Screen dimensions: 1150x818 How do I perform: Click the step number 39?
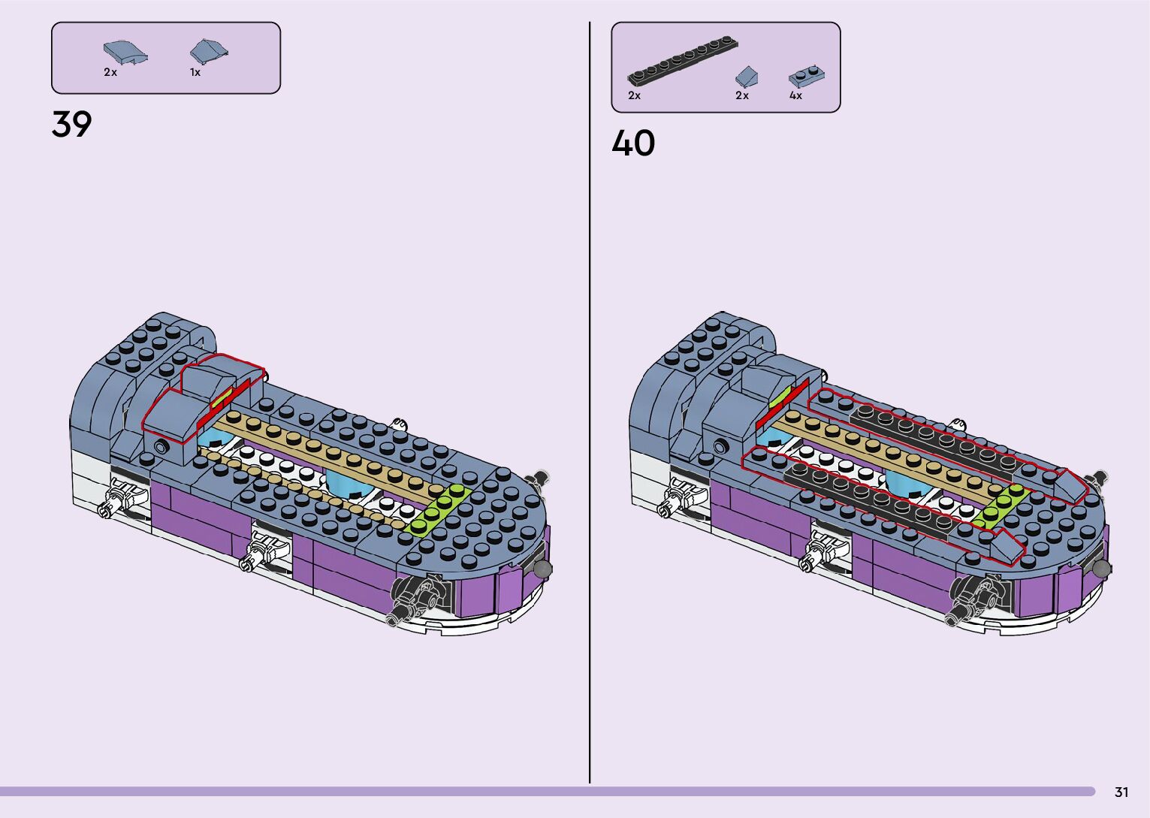(71, 124)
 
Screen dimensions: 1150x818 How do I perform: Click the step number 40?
(633, 143)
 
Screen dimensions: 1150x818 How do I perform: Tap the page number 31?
(1121, 792)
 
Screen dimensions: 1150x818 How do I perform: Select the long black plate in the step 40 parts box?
(682, 61)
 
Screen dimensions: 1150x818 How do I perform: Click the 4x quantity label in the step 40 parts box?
(795, 95)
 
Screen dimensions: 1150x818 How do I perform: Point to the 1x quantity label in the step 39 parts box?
(195, 72)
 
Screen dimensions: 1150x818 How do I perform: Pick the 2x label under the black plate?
(634, 95)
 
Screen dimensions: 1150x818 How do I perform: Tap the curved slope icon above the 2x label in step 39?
(125, 53)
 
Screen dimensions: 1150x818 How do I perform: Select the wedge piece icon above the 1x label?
(208, 51)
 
